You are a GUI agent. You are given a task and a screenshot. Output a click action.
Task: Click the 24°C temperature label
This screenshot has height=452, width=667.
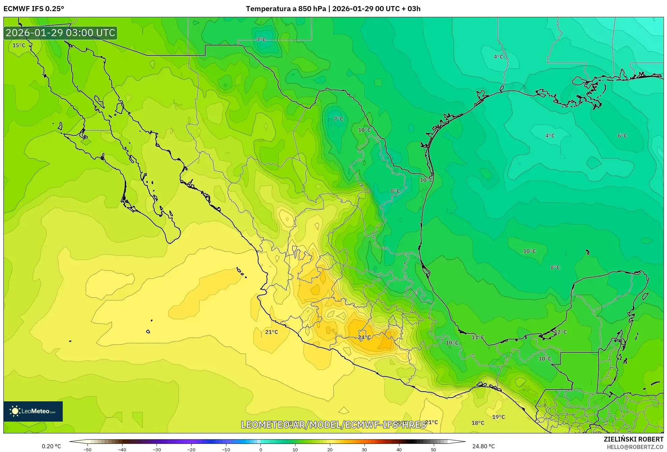coord(364,337)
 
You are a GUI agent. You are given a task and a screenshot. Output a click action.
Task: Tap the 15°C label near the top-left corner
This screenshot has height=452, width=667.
coord(19,45)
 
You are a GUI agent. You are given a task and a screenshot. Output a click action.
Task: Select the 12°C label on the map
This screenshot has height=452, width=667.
coord(560,332)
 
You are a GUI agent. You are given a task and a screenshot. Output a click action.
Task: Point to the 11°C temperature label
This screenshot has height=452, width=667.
coord(478,337)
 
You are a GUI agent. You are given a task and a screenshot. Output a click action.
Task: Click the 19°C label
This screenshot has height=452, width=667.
coord(498,417)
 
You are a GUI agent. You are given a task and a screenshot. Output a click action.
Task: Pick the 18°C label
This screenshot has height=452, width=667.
coord(478,423)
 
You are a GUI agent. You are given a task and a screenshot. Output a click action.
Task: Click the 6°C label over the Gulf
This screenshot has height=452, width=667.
coord(622,136)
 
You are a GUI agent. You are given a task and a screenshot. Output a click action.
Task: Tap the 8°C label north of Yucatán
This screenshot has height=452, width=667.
coord(555,268)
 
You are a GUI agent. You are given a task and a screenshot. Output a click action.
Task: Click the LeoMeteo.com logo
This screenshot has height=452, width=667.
coord(33,411)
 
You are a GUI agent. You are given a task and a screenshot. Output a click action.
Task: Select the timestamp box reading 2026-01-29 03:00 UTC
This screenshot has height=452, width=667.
coord(60,33)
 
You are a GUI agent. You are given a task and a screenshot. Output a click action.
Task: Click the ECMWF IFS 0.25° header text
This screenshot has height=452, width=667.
coord(34,9)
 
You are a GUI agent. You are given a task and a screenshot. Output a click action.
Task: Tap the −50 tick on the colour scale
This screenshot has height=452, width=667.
coord(87,450)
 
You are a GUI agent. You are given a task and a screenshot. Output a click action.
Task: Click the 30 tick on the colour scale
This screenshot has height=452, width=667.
coord(364,450)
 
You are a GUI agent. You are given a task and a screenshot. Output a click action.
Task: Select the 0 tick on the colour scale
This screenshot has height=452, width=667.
coord(260,450)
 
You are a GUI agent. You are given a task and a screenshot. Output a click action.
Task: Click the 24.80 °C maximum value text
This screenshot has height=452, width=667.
coord(483,446)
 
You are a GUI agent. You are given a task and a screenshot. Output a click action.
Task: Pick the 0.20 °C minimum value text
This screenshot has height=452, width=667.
coord(51,446)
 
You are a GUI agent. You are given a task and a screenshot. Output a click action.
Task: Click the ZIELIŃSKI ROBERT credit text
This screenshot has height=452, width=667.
coord(633,439)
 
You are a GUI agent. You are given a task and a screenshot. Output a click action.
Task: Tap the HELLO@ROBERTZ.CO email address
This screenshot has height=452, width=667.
coord(635,447)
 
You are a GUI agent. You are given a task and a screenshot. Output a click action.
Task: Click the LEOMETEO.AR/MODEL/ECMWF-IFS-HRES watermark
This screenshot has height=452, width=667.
coord(333,425)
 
